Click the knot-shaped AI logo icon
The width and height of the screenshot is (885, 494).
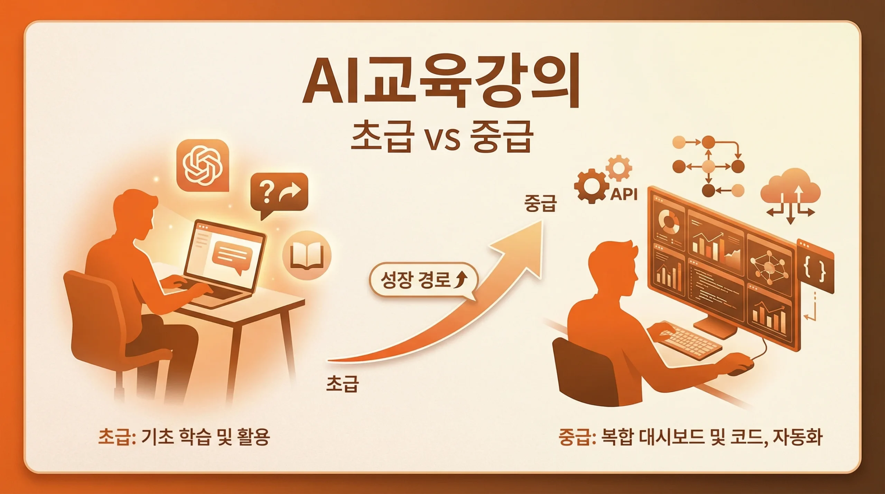203,165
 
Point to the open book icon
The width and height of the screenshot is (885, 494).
307,255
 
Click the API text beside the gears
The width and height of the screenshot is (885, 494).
624,195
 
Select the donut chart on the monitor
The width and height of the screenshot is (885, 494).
669,220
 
